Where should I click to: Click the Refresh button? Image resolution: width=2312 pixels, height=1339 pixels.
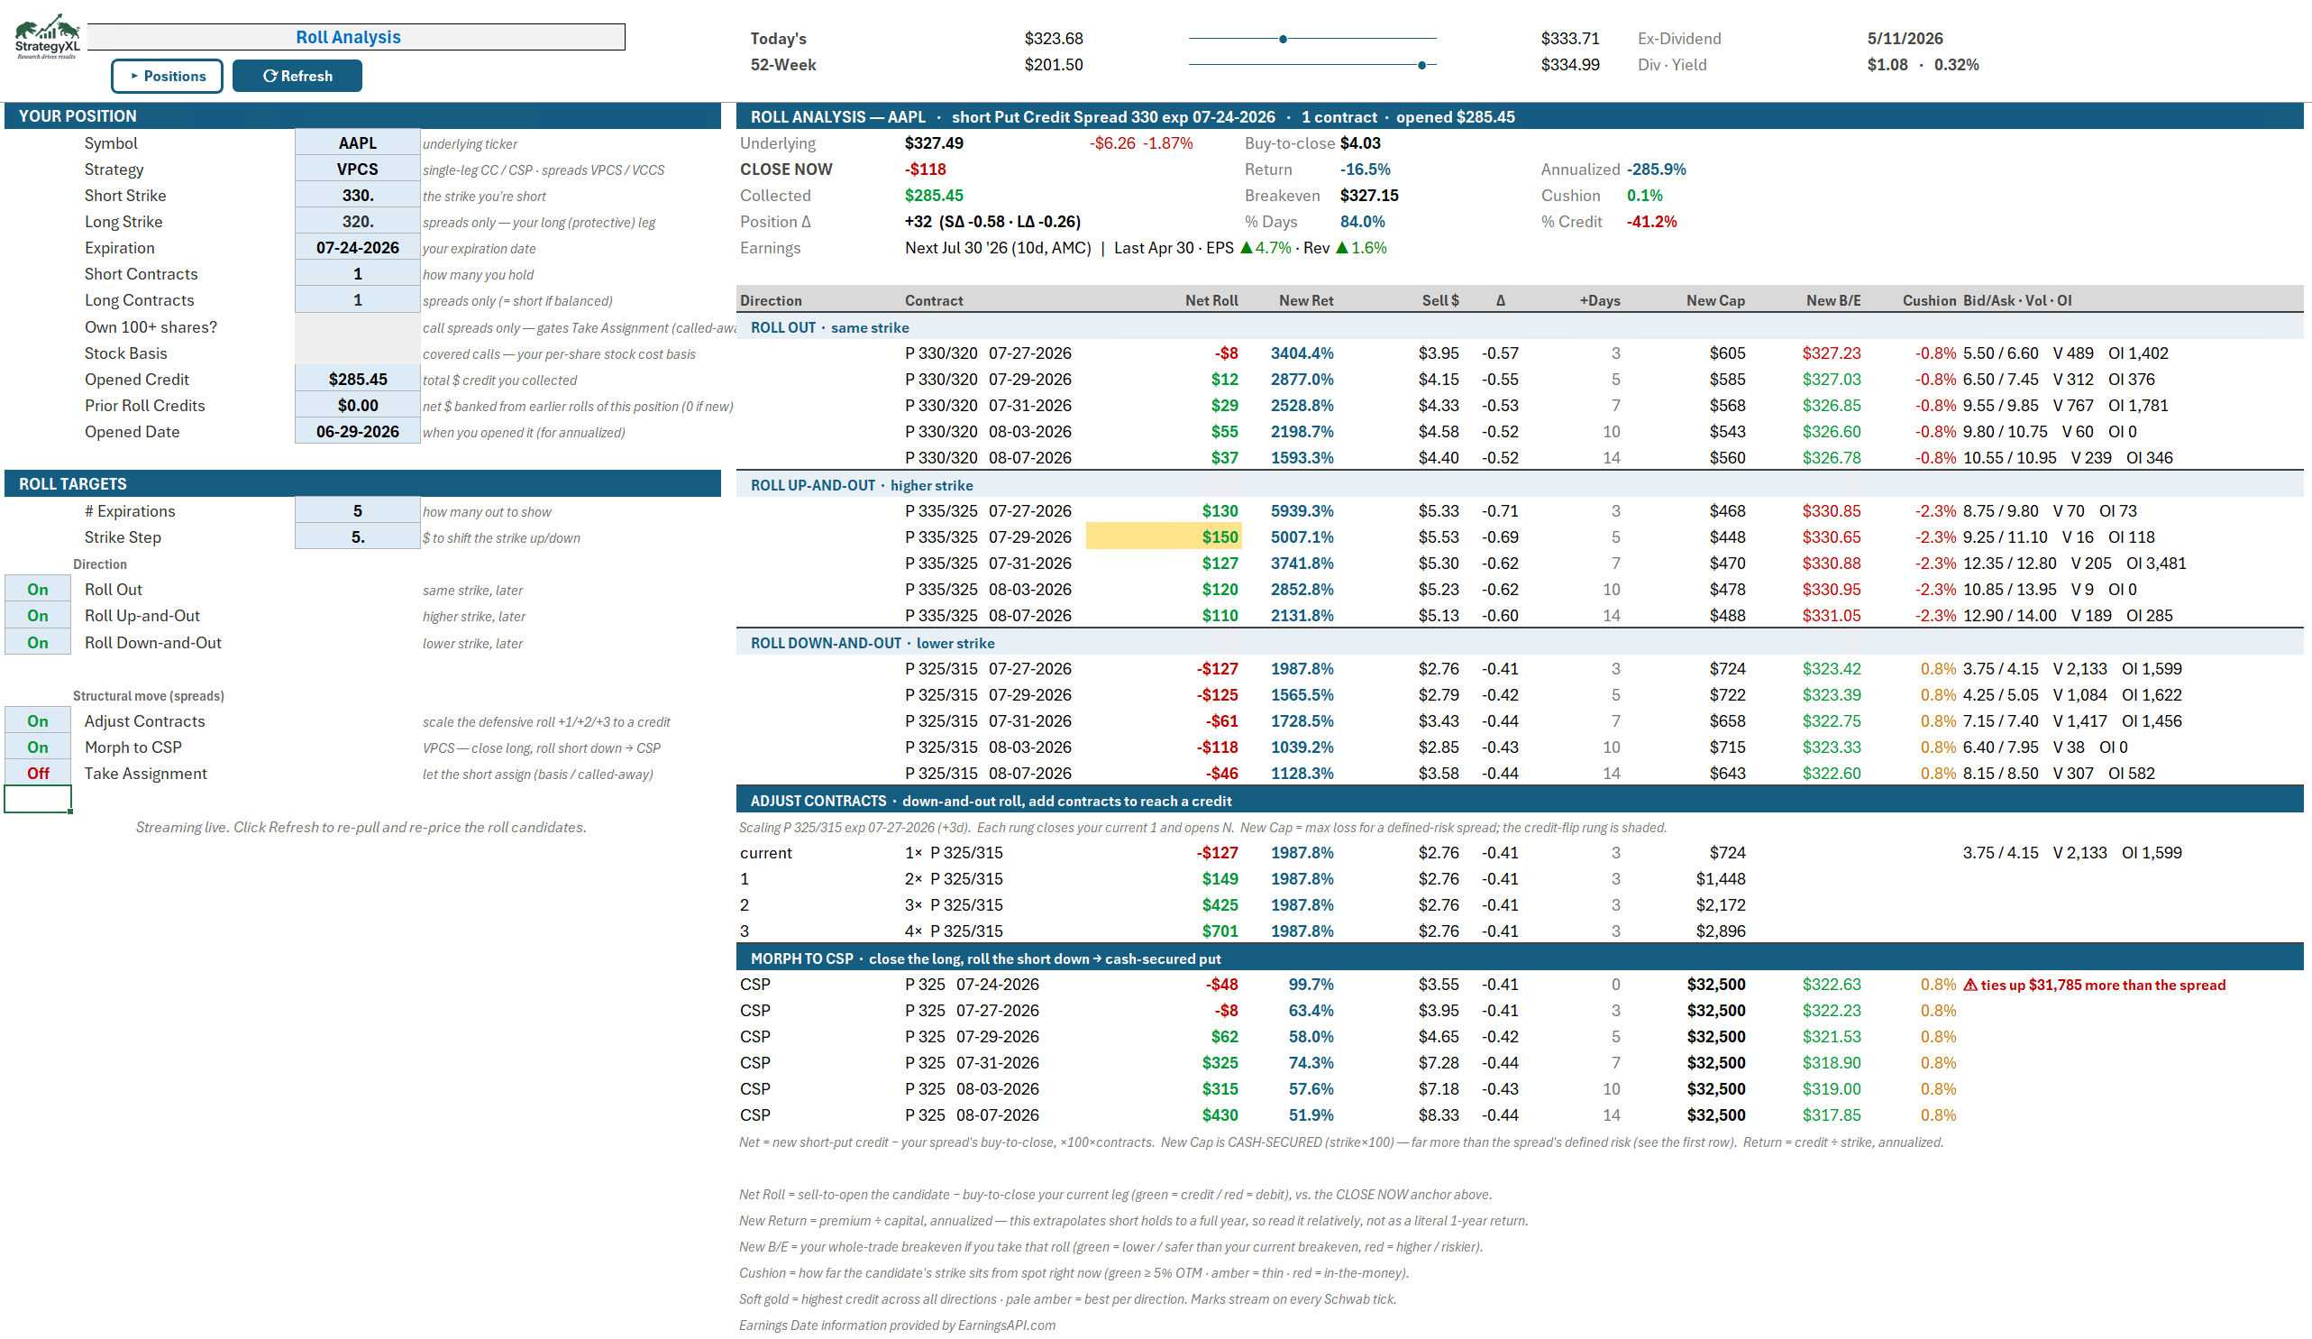coord(297,76)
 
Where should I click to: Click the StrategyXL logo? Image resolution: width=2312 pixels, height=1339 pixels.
coord(47,37)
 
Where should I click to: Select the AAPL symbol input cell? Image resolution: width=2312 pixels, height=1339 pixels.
coord(357,143)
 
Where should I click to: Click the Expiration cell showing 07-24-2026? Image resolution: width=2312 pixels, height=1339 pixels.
coord(357,248)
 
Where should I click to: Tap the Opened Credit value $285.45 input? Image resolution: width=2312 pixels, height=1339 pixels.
coord(357,379)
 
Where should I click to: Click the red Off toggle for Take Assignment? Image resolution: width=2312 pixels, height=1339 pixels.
coord(38,774)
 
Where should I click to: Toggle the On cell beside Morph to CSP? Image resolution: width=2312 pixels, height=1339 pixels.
coord(38,747)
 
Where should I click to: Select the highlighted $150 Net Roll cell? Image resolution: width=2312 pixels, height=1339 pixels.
coord(1164,537)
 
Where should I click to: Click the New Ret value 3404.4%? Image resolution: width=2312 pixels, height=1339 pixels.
coord(1301,353)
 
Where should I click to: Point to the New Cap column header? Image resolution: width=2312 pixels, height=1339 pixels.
coord(1714,301)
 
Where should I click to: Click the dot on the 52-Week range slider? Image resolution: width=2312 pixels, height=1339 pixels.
coord(1421,65)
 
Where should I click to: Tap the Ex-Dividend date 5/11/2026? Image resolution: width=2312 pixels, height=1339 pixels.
coord(1905,39)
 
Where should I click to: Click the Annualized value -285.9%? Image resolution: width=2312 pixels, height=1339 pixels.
coord(1656,170)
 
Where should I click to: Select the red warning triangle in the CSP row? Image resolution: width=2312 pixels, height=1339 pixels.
coord(1969,985)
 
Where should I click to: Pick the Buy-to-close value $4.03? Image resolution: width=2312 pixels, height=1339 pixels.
coord(1359,143)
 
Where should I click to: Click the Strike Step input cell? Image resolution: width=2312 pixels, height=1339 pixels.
coord(357,537)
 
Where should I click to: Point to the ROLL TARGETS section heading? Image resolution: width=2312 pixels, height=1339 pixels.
coord(73,483)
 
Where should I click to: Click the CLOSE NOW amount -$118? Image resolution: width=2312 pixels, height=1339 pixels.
coord(925,170)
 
